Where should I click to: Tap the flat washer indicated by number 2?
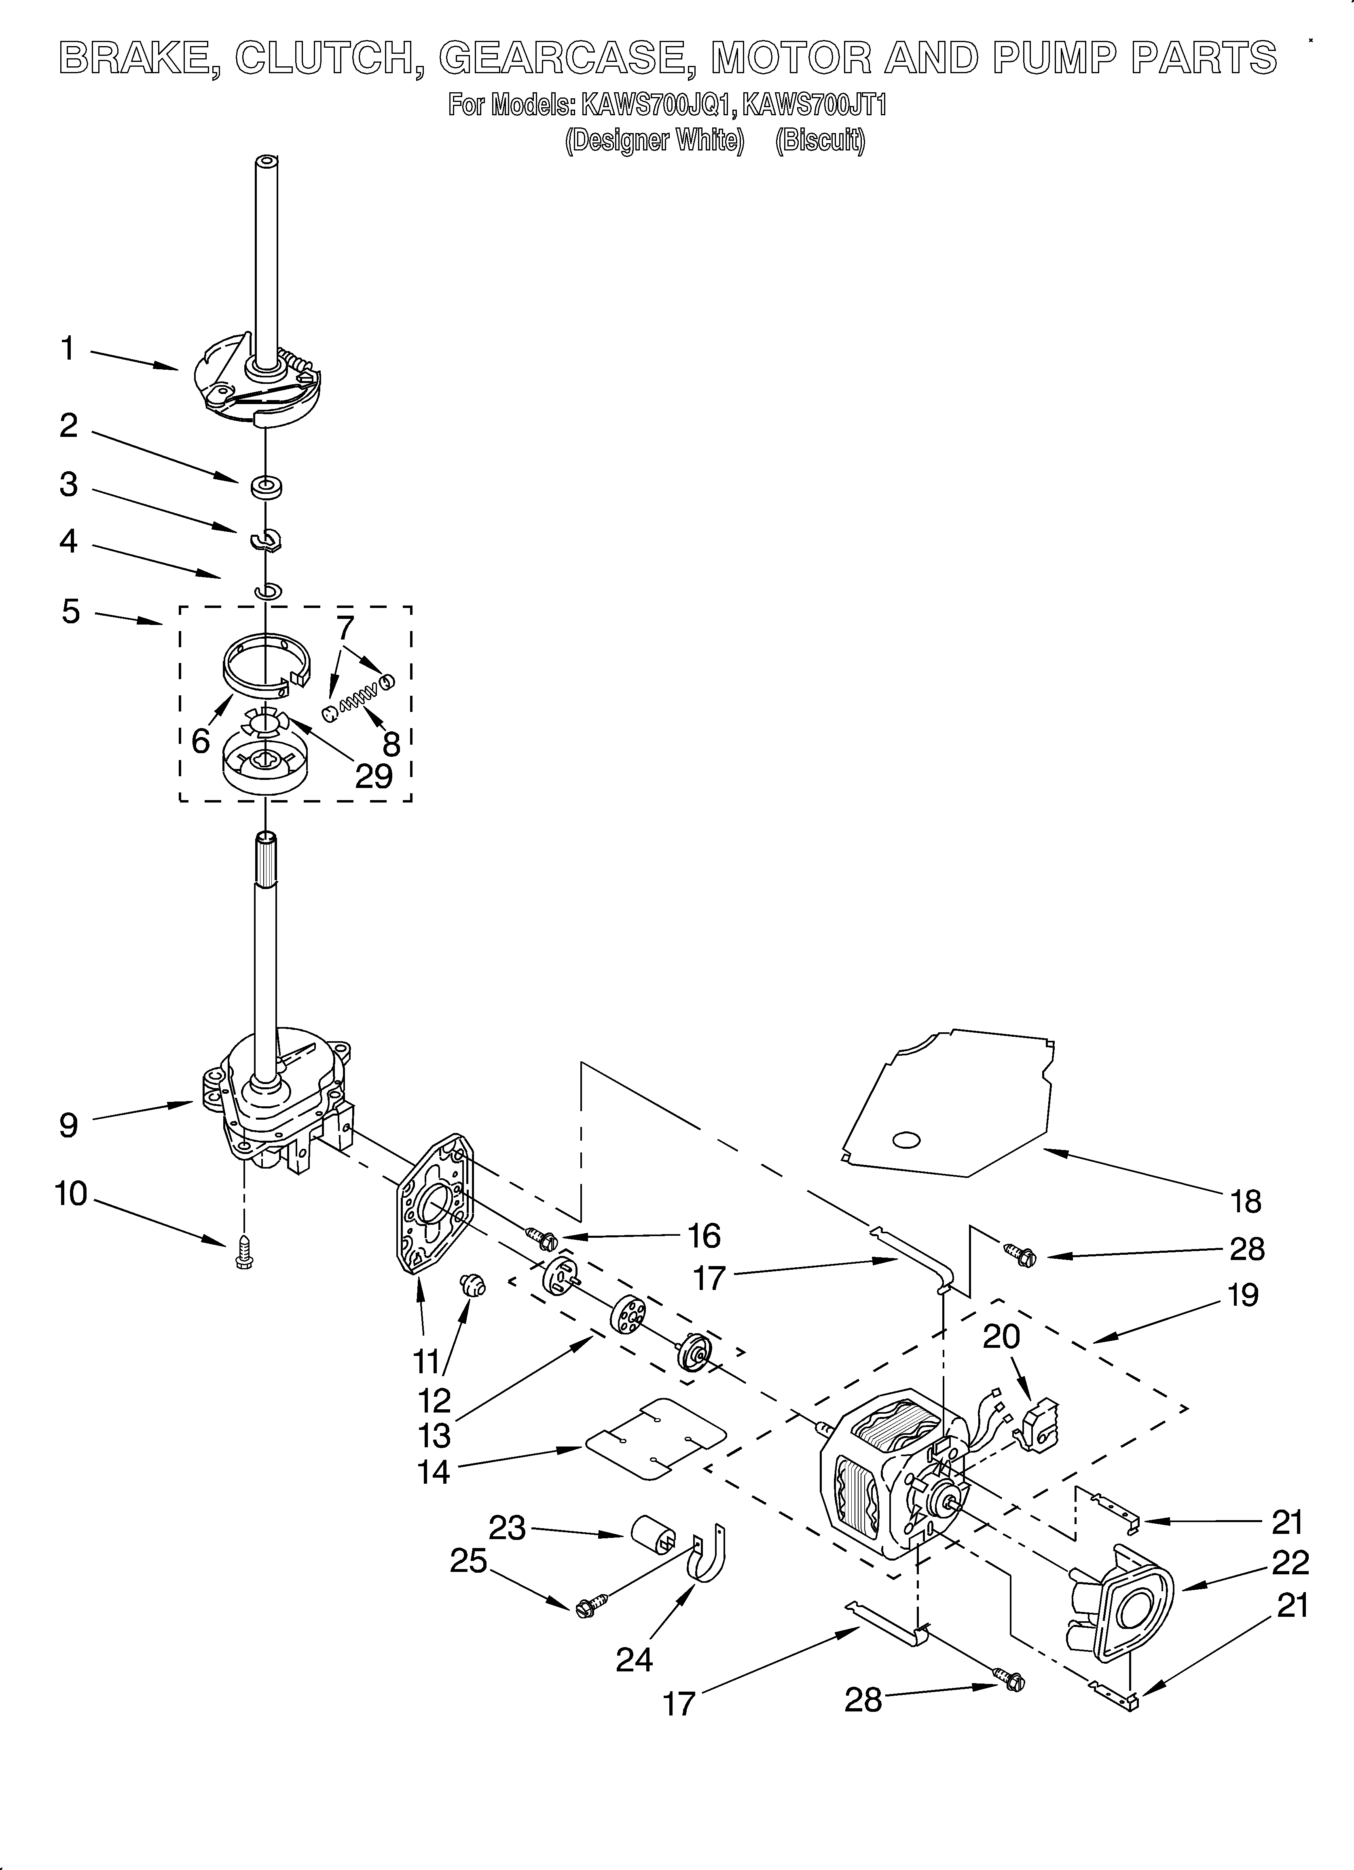tap(266, 487)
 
